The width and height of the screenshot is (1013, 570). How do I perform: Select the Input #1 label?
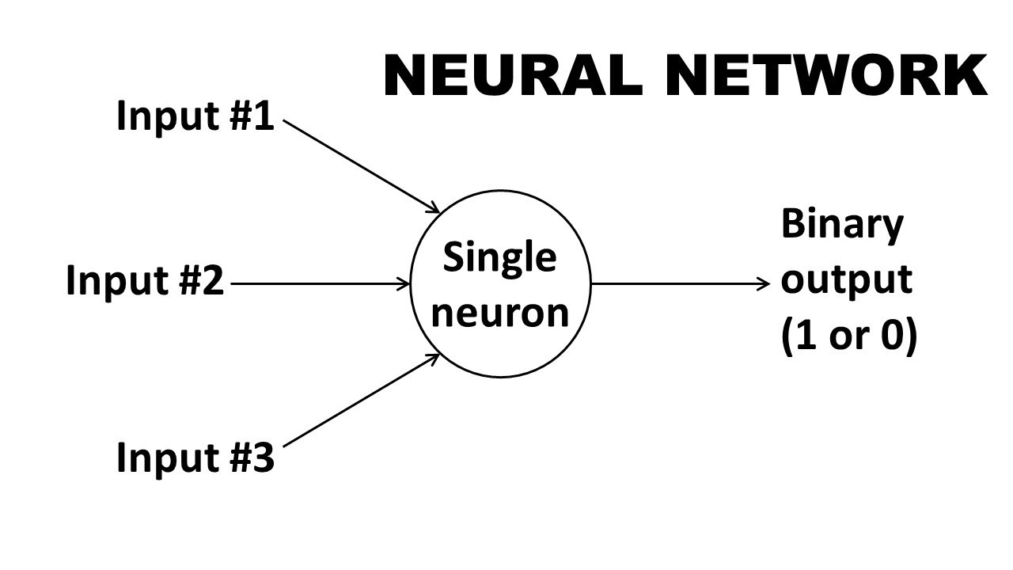pyautogui.click(x=195, y=116)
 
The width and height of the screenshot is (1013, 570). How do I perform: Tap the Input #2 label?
pyautogui.click(x=145, y=281)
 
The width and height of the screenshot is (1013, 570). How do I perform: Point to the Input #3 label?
pyautogui.click(x=195, y=458)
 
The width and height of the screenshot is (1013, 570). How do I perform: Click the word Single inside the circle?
pyautogui.click(x=499, y=259)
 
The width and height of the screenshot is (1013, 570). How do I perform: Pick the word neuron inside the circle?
pyautogui.click(x=501, y=312)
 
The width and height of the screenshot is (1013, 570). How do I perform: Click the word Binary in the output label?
pyautogui.click(x=842, y=226)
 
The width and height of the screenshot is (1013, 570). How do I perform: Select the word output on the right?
pyautogui.click(x=846, y=279)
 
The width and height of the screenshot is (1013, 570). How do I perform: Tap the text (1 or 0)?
pyautogui.click(x=848, y=337)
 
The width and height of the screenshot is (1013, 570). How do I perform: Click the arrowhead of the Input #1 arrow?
pyautogui.click(x=434, y=209)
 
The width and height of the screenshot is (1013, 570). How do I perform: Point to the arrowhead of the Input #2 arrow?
pyautogui.click(x=405, y=283)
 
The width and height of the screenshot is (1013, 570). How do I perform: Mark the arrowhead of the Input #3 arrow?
pyautogui.click(x=434, y=357)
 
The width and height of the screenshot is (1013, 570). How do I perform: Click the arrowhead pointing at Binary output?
pyautogui.click(x=764, y=283)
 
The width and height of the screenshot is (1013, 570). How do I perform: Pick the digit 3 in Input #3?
pyautogui.click(x=264, y=458)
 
